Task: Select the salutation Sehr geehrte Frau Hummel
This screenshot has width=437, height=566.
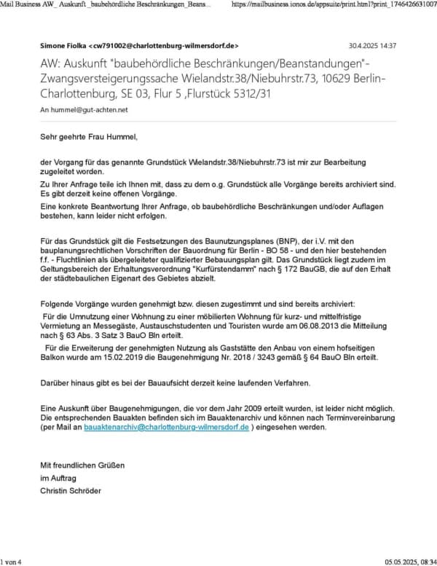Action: coord(89,135)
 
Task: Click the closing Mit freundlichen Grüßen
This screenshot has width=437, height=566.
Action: coord(82,465)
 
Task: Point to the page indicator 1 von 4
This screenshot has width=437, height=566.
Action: coord(12,561)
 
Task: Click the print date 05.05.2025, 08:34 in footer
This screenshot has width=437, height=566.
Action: coord(409,561)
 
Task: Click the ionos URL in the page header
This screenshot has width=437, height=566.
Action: coord(331,4)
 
